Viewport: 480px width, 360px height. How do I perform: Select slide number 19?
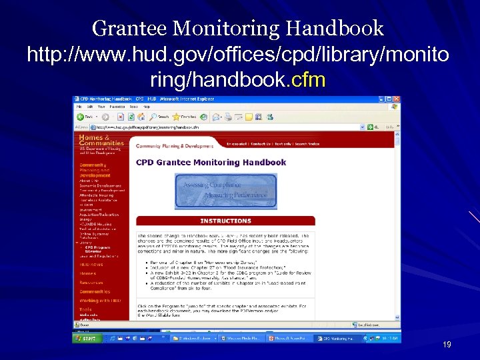click(447, 345)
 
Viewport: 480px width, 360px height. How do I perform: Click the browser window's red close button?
click(397, 99)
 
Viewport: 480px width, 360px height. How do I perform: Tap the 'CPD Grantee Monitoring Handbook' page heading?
click(211, 162)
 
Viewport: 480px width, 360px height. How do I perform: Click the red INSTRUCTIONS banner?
click(225, 221)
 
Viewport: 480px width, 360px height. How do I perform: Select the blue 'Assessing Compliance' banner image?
click(225, 191)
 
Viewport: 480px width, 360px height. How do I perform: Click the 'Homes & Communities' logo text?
click(101, 140)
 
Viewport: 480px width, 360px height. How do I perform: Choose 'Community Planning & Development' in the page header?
click(175, 145)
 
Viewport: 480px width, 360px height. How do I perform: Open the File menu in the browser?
click(79, 106)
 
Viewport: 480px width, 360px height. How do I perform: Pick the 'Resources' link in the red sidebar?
click(91, 282)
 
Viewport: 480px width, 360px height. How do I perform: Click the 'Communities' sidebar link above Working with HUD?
click(95, 291)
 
